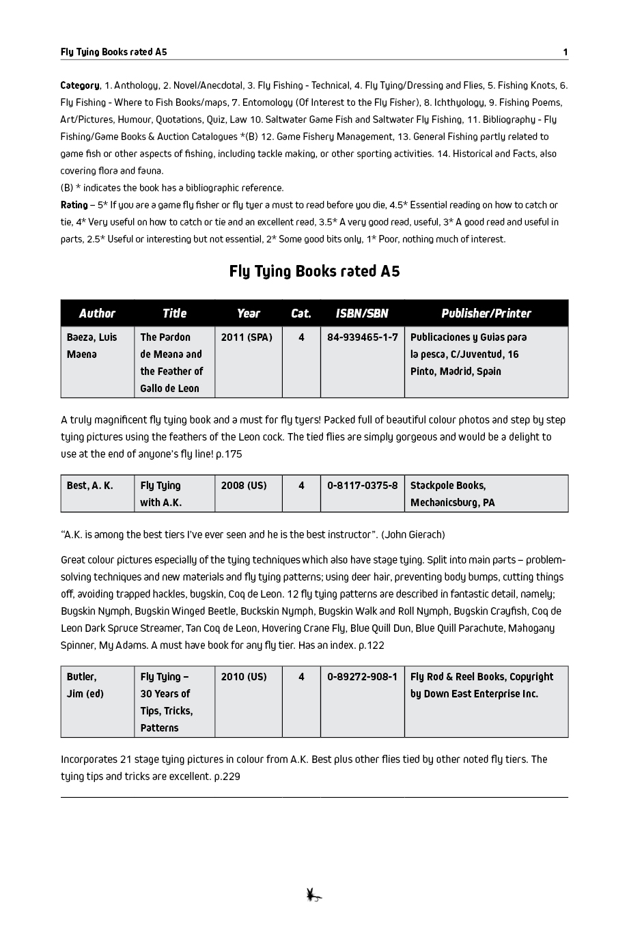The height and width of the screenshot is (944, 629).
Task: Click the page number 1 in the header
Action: (565, 52)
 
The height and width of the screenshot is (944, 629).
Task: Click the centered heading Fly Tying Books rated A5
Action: (314, 271)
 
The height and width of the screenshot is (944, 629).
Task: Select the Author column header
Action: (97, 314)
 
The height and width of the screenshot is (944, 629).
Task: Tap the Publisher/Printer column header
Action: (486, 314)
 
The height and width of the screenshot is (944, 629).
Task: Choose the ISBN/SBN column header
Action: (362, 314)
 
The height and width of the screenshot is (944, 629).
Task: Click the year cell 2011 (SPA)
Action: (247, 337)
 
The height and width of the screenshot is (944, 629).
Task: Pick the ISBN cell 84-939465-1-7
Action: (362, 337)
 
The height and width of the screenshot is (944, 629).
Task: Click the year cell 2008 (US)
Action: (244, 486)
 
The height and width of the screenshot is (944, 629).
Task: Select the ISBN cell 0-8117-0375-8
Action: (362, 486)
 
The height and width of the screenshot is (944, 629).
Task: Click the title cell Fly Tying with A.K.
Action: (161, 494)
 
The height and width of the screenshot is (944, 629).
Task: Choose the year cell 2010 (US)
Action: (244, 677)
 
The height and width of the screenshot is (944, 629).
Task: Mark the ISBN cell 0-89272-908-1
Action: (362, 677)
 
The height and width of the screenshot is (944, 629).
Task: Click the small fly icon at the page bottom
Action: (314, 895)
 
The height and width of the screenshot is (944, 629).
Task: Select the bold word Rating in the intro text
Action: (74, 205)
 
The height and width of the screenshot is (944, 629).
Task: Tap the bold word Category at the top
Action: (79, 85)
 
